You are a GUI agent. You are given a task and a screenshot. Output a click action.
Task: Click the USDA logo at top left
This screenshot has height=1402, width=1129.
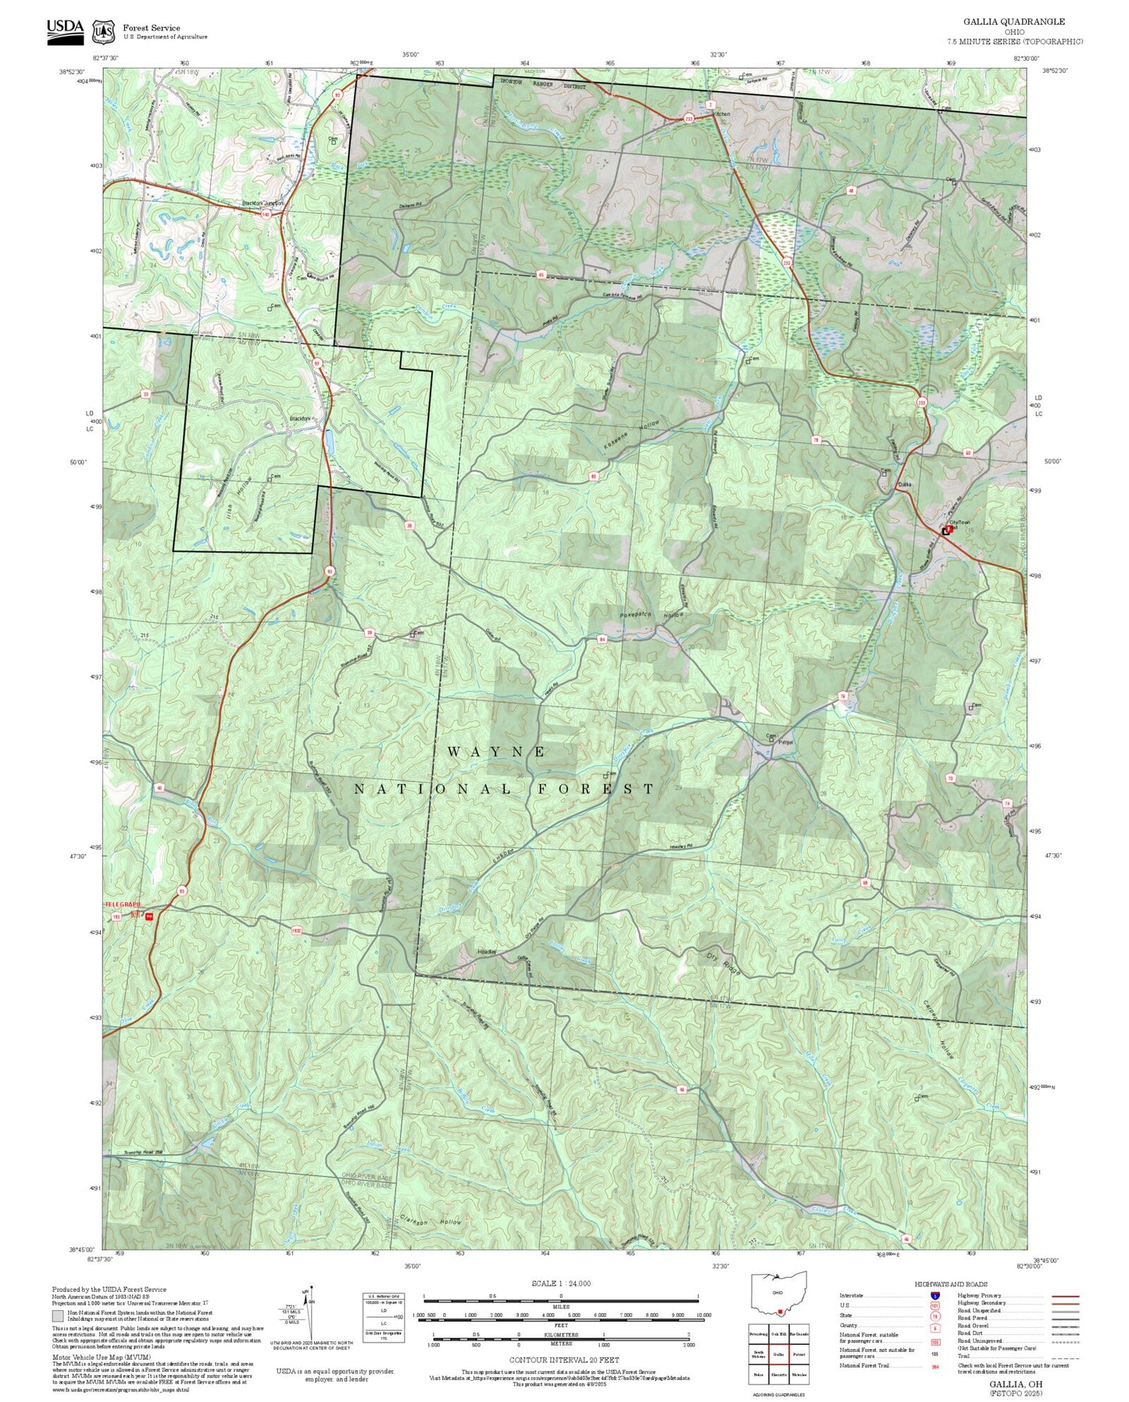point(65,29)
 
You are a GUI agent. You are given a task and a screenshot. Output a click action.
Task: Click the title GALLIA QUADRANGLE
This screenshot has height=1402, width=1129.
point(1024,22)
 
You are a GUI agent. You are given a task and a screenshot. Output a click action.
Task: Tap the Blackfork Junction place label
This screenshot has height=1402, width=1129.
point(263,203)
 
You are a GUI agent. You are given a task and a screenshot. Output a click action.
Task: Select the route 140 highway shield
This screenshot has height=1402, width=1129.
point(266,214)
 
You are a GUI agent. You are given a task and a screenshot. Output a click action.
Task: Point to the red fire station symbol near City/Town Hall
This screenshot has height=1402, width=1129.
point(949,529)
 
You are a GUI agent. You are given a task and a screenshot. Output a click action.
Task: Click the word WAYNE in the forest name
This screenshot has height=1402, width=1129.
point(497,751)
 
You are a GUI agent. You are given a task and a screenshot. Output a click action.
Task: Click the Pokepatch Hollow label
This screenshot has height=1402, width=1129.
point(652,615)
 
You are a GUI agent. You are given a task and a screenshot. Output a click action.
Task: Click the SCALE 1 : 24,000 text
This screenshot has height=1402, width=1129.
point(560,1283)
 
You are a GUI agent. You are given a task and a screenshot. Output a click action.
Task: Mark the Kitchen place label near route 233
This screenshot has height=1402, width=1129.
point(722,114)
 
